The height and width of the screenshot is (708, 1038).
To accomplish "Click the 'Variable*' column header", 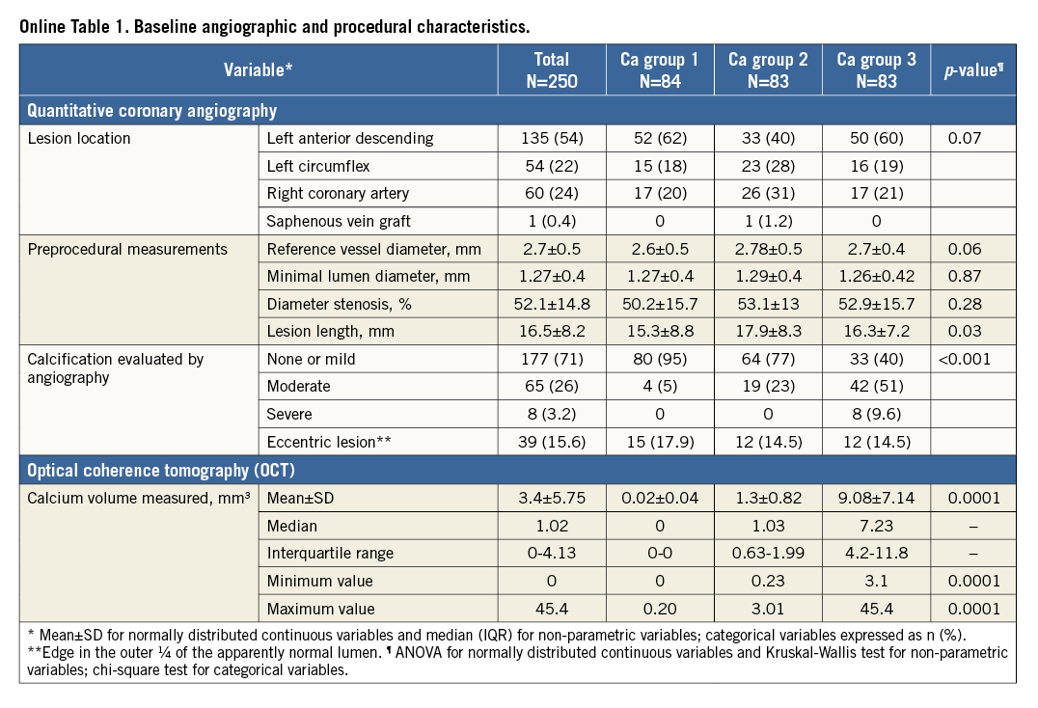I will [258, 69].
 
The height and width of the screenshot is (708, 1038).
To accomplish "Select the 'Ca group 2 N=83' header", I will [768, 70].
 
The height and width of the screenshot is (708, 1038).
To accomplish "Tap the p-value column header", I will [972, 70].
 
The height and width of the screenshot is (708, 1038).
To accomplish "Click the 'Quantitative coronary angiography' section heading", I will [152, 110].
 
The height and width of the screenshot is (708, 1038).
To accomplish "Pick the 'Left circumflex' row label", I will [318, 166].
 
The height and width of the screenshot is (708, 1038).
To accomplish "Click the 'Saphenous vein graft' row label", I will [337, 221].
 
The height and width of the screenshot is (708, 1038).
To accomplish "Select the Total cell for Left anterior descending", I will [552, 138].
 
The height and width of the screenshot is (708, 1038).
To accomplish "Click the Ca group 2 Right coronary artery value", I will [768, 193].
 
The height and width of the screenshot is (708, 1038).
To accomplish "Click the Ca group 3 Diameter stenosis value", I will [876, 304].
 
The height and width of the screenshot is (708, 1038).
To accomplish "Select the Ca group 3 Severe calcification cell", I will [876, 415].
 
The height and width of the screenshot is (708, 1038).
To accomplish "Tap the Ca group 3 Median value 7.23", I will [876, 527].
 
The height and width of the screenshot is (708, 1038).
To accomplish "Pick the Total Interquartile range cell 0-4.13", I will [552, 554].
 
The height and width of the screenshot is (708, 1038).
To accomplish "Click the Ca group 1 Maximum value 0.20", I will [660, 610].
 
